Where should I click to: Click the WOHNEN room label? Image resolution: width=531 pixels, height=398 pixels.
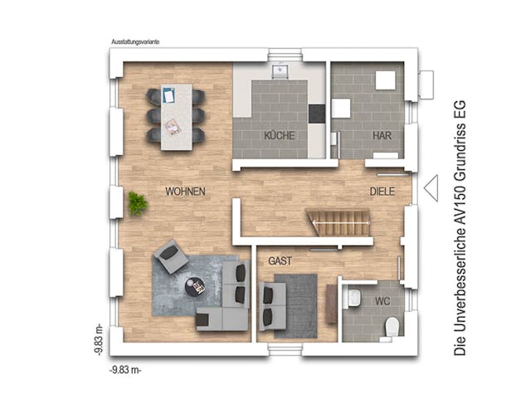(x=185, y=192)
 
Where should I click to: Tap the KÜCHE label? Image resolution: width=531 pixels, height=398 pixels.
(x=280, y=135)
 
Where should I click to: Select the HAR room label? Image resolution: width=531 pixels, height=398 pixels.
(x=382, y=135)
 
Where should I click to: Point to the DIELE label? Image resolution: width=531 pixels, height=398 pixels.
(x=383, y=192)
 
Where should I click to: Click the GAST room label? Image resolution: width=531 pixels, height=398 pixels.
(x=280, y=260)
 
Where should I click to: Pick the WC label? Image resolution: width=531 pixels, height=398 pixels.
(x=382, y=299)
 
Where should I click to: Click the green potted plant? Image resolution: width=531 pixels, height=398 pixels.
(x=138, y=202)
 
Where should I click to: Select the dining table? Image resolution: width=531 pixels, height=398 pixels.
(x=176, y=116)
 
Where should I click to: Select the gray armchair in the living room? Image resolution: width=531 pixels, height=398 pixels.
(x=171, y=256)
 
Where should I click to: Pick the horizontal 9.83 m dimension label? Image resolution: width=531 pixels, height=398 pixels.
(x=126, y=367)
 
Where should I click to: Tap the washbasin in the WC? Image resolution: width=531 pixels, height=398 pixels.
(x=353, y=298)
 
